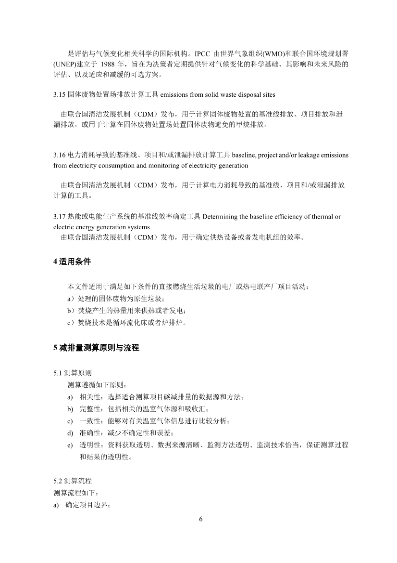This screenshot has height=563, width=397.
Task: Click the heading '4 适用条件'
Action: point(72,262)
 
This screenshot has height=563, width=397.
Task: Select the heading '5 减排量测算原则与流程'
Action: point(96,347)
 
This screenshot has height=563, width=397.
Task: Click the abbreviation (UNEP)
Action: point(64,64)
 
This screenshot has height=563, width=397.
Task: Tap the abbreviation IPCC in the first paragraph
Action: point(204,53)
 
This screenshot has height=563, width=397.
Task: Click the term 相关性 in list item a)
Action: point(89,397)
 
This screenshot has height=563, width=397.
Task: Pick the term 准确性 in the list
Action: point(89,433)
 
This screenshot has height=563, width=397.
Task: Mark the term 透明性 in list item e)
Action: point(89,445)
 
